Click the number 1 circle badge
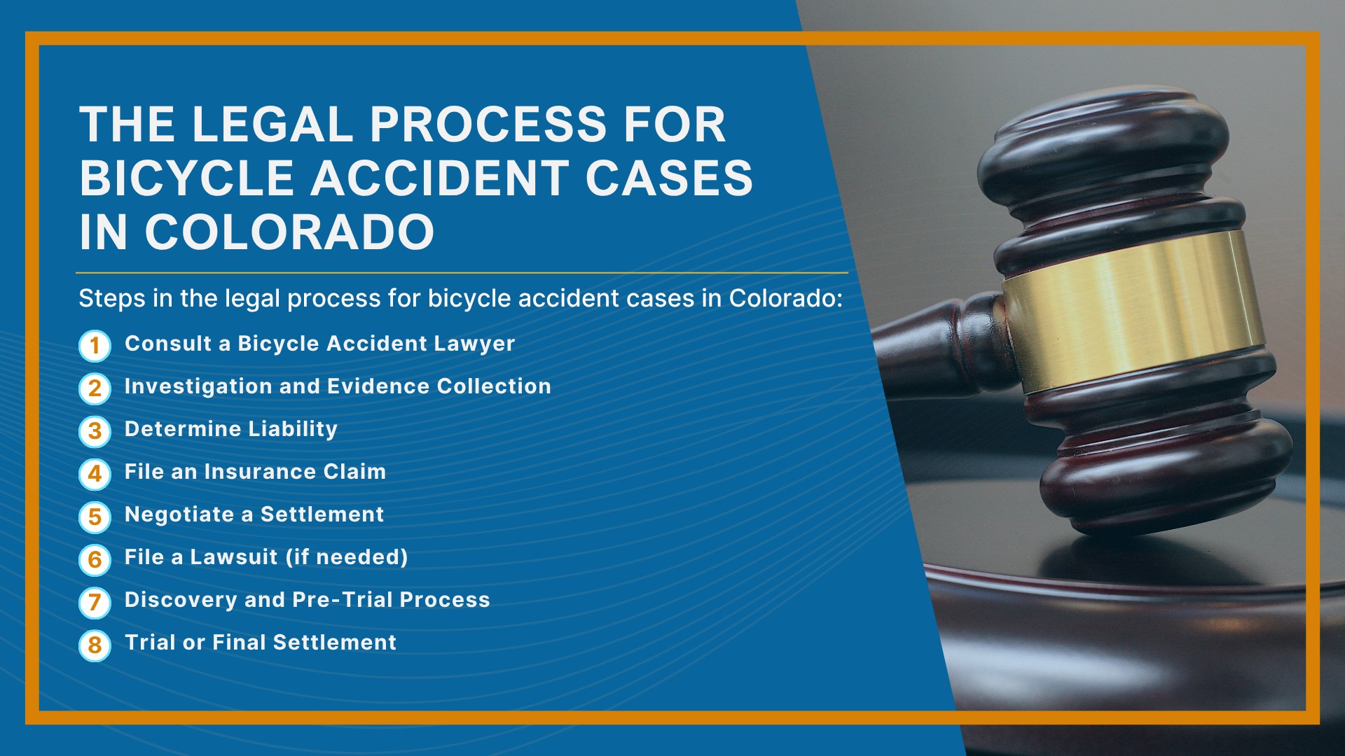coord(95,346)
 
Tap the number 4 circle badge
coord(95,474)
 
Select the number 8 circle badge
coord(95,645)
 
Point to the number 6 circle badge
coord(95,560)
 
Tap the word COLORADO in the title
coord(290,232)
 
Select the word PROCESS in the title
coord(488,125)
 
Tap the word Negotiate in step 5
coord(179,515)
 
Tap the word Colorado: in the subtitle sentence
coord(785,298)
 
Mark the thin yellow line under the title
coord(462,272)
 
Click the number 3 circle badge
coord(95,431)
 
